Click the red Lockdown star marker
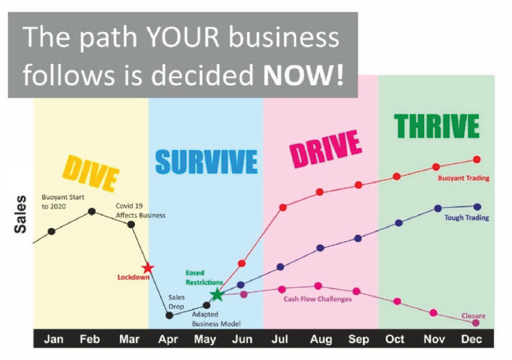148,268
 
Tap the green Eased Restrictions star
217,295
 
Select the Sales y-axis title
20,215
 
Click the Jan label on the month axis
54,339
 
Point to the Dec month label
471,339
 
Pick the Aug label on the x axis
321,340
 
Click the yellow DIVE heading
91,173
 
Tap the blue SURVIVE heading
207,162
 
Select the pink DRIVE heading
325,149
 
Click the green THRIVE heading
437,126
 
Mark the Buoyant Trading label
464,178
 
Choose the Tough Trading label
466,217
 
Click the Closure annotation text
473,316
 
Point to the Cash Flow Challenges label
317,299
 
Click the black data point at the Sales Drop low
169,315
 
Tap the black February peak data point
92,212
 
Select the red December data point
476,160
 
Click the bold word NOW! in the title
303,75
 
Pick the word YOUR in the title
183,37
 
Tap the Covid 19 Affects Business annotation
140,211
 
